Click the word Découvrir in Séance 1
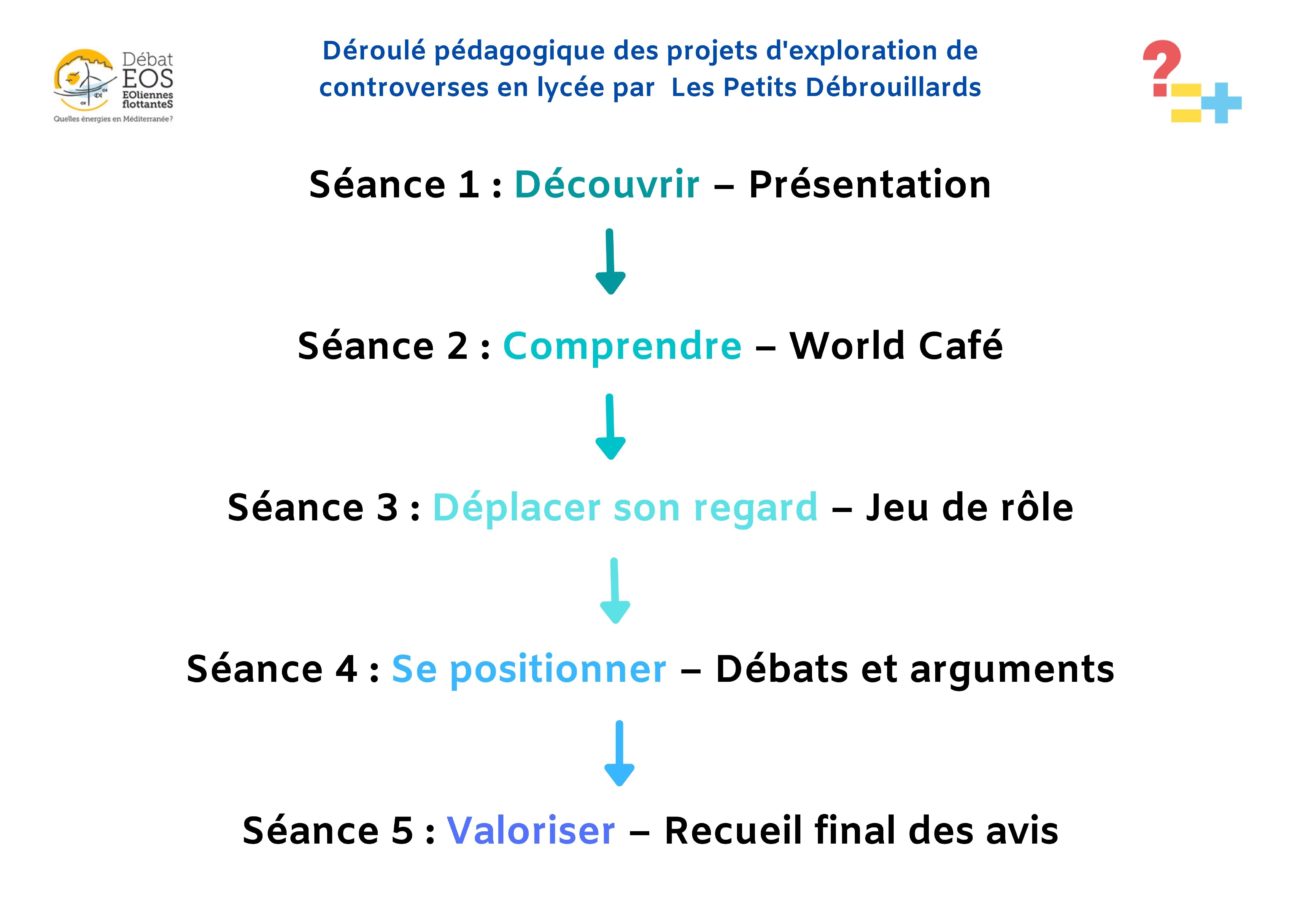[x=606, y=185]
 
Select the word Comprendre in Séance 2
[x=621, y=347]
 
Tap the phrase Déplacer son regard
[x=624, y=508]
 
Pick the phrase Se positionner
[x=528, y=670]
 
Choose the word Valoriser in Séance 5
[x=530, y=831]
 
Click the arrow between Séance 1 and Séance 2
[x=610, y=261]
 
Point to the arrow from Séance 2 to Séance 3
[x=610, y=426]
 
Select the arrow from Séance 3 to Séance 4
[x=614, y=590]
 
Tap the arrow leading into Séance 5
[x=619, y=752]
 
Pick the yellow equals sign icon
[x=1185, y=103]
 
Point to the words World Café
[x=896, y=347]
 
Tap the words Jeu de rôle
[x=969, y=508]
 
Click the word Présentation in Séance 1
[x=869, y=185]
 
